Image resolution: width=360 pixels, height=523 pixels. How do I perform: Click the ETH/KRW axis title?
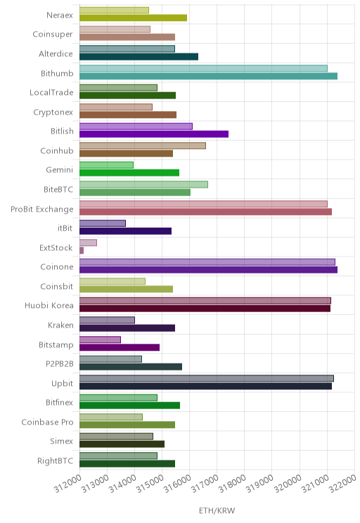[x=217, y=510]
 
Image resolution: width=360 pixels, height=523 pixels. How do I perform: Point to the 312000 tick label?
[x=68, y=484]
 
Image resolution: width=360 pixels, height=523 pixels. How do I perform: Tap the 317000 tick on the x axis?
[x=205, y=484]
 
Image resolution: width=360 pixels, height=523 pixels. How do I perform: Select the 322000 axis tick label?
[x=343, y=484]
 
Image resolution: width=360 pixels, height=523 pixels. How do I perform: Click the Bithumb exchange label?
[x=57, y=73]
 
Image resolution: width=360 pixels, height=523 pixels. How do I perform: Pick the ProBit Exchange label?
[x=42, y=209]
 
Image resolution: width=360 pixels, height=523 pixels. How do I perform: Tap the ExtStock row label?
[x=56, y=248]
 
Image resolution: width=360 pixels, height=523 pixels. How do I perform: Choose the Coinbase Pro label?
[x=47, y=422]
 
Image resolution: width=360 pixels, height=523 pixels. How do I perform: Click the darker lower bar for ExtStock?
[x=82, y=250]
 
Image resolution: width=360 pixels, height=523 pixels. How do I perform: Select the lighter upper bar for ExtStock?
[x=88, y=243]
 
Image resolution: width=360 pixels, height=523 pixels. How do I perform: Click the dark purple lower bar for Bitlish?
[x=154, y=134]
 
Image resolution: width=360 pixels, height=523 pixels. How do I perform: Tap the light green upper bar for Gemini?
[x=106, y=164]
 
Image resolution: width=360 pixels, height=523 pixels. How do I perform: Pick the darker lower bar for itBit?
[x=125, y=231]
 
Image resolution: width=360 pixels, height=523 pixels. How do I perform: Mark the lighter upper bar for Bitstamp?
[x=100, y=340]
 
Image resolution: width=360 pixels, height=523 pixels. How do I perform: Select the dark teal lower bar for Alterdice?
[x=139, y=57]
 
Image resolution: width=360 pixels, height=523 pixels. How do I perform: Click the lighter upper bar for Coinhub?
[x=143, y=146]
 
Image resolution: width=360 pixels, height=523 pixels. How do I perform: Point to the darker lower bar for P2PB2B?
[x=131, y=366]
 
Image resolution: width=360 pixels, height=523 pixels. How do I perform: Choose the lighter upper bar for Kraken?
[x=107, y=321]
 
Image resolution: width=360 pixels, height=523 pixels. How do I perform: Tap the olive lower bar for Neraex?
[x=133, y=18]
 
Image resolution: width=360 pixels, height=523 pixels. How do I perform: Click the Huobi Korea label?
[x=49, y=306]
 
